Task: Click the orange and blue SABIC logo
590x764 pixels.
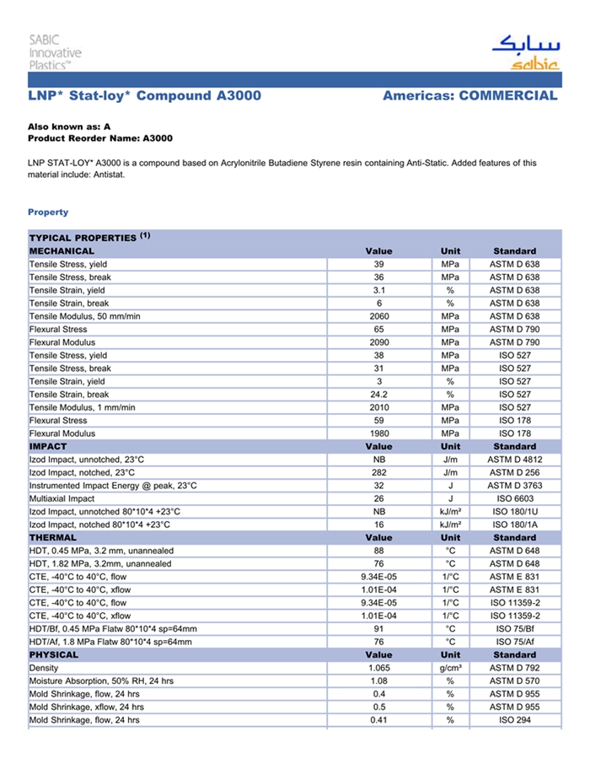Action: click(x=523, y=53)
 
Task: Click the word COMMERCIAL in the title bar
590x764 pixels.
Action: click(x=508, y=95)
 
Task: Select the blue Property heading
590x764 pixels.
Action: click(x=48, y=212)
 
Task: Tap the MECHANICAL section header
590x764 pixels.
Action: click(x=62, y=250)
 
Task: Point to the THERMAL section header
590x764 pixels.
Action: click(x=53, y=537)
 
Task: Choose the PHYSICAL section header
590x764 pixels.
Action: click(x=54, y=654)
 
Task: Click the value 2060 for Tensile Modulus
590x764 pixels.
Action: click(x=378, y=316)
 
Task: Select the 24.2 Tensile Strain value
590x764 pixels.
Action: click(x=378, y=394)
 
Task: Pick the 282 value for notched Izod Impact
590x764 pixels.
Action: click(x=378, y=472)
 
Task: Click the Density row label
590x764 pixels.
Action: click(x=44, y=668)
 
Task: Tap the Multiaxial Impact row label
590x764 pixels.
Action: click(x=62, y=498)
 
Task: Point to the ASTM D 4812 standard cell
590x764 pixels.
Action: click(x=514, y=460)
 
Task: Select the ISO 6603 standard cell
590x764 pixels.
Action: click(x=514, y=498)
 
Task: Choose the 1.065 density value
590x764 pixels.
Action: click(x=378, y=668)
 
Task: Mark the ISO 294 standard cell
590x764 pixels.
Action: click(x=514, y=720)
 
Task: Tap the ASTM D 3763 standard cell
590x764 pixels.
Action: click(x=514, y=486)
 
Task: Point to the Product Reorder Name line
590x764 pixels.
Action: click(x=100, y=137)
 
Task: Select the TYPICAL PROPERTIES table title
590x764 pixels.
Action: click(x=84, y=238)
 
